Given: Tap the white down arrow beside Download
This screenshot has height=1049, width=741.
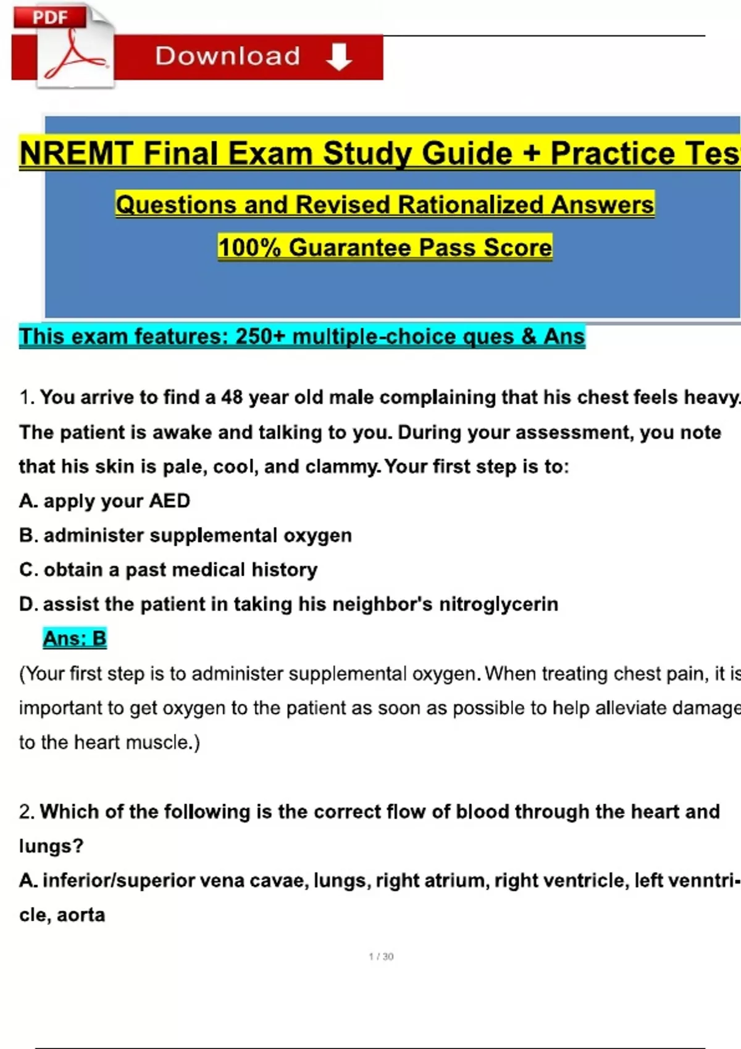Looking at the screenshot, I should click(339, 57).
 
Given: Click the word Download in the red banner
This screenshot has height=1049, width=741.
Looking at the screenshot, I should click(227, 56).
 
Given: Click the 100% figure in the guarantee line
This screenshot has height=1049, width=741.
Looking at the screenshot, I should click(249, 247).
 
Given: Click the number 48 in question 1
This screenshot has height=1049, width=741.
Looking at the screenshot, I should click(232, 397).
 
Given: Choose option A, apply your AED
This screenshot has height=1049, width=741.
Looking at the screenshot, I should click(104, 500).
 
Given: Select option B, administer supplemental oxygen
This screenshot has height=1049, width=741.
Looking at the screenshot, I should click(185, 535).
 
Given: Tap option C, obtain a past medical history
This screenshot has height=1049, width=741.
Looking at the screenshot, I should click(168, 570).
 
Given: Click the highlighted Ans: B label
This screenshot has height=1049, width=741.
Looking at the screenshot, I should click(75, 638).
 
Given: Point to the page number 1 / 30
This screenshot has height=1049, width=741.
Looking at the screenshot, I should click(381, 956).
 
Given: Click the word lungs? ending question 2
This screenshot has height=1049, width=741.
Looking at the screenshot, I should click(51, 846).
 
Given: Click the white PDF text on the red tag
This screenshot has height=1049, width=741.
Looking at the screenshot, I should click(50, 17).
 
